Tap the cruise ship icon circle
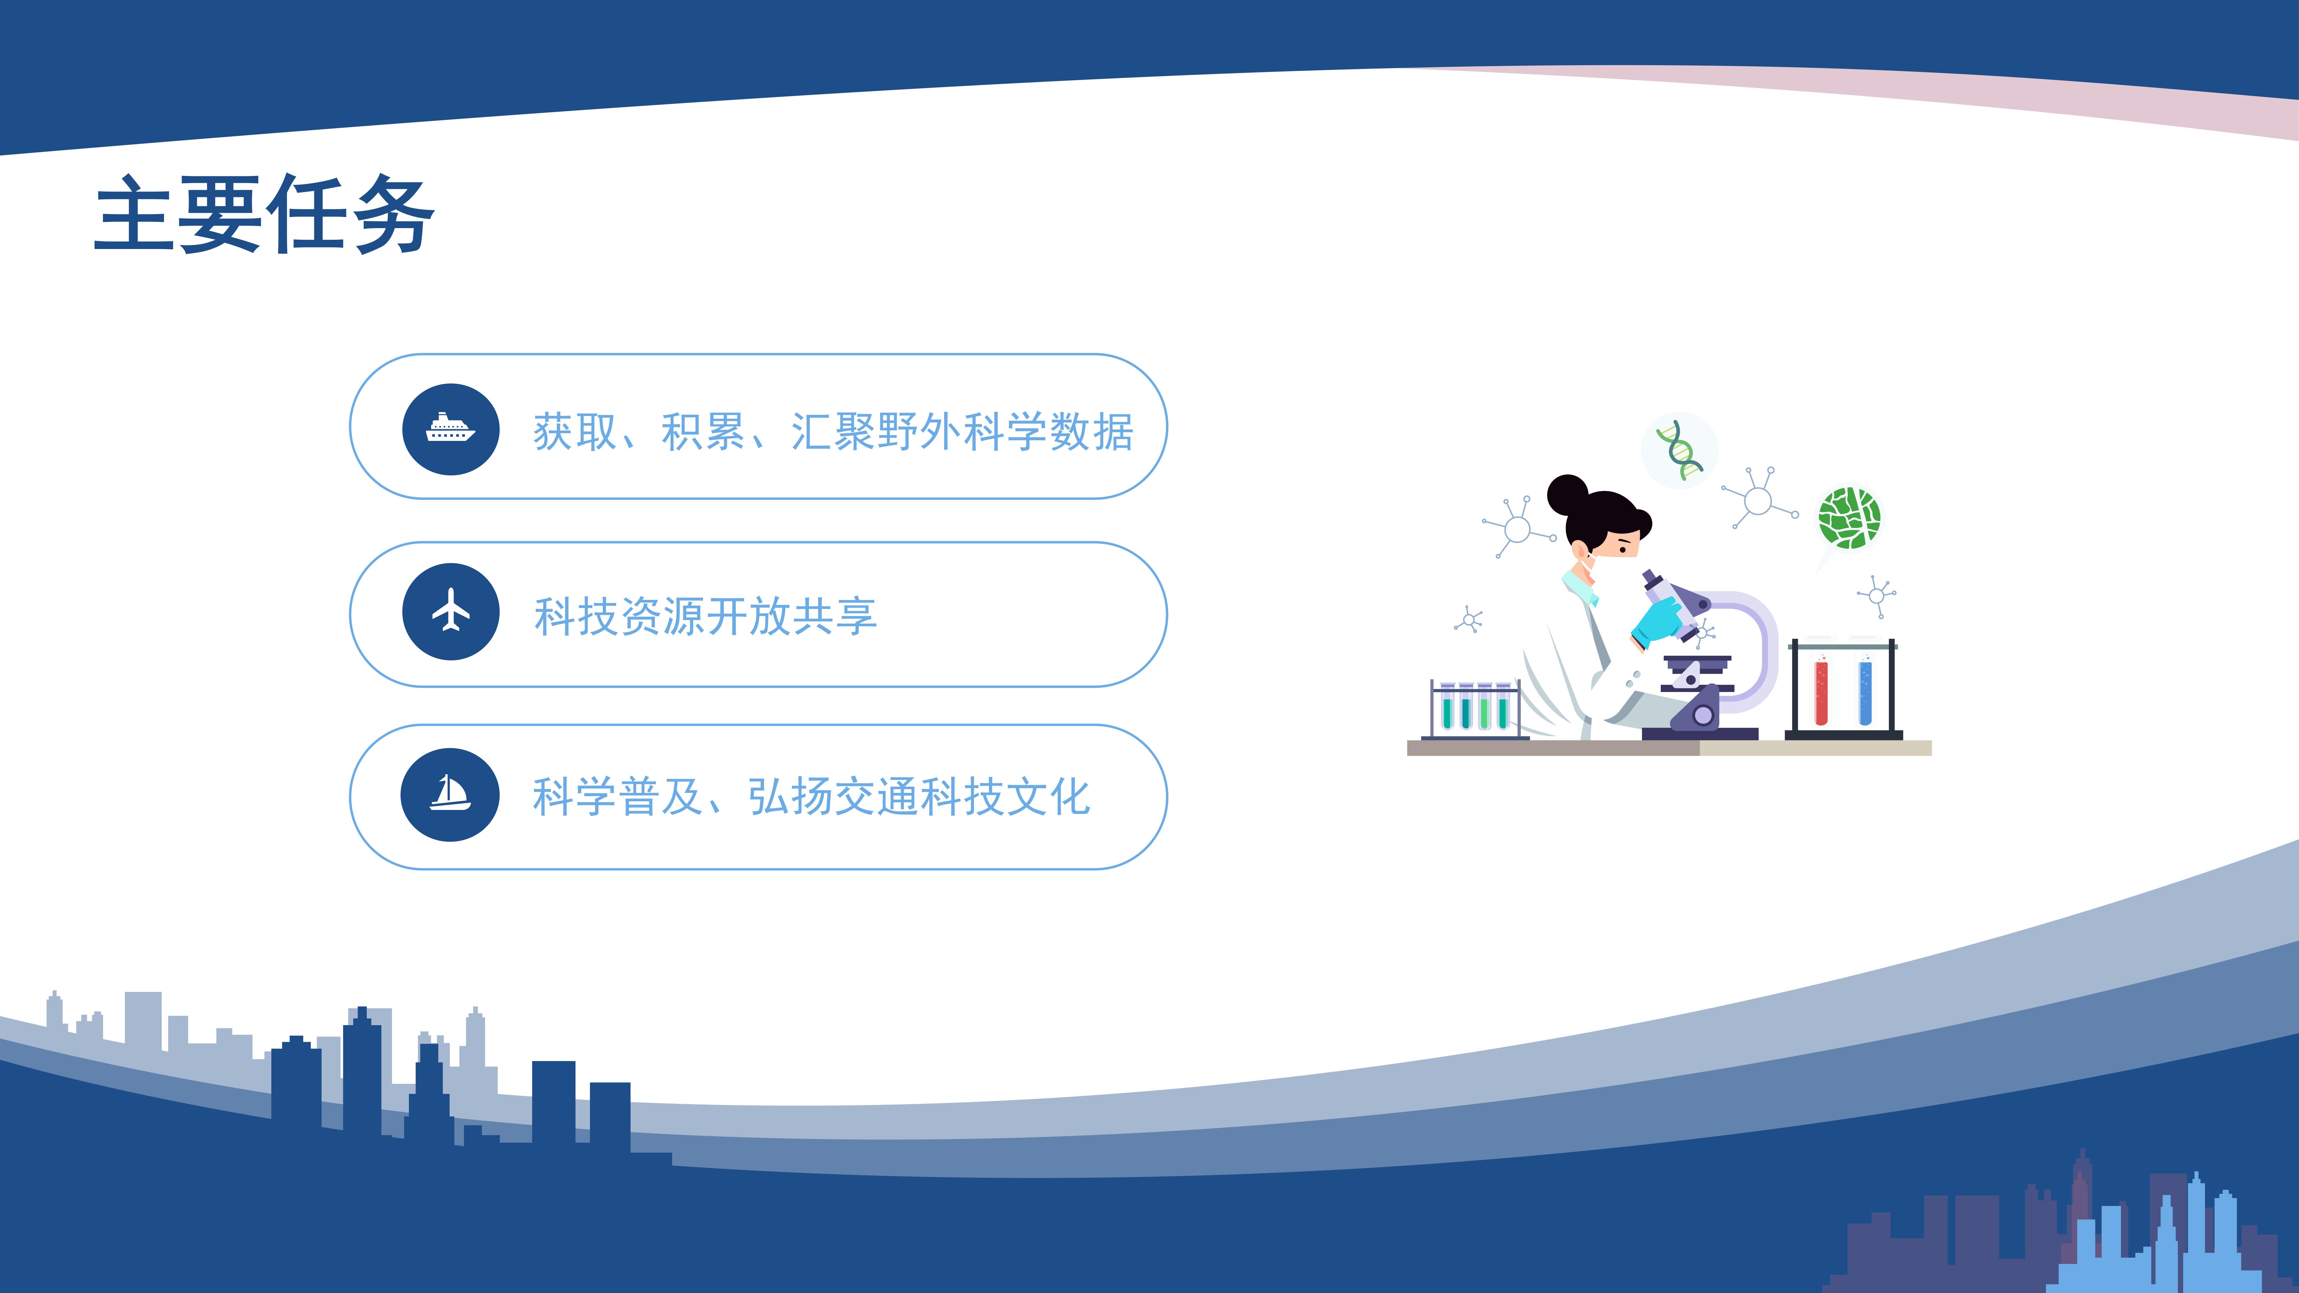pos(451,429)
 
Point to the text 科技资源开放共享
pos(705,616)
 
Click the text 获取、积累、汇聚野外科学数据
pos(833,432)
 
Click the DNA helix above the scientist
pos(1680,450)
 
